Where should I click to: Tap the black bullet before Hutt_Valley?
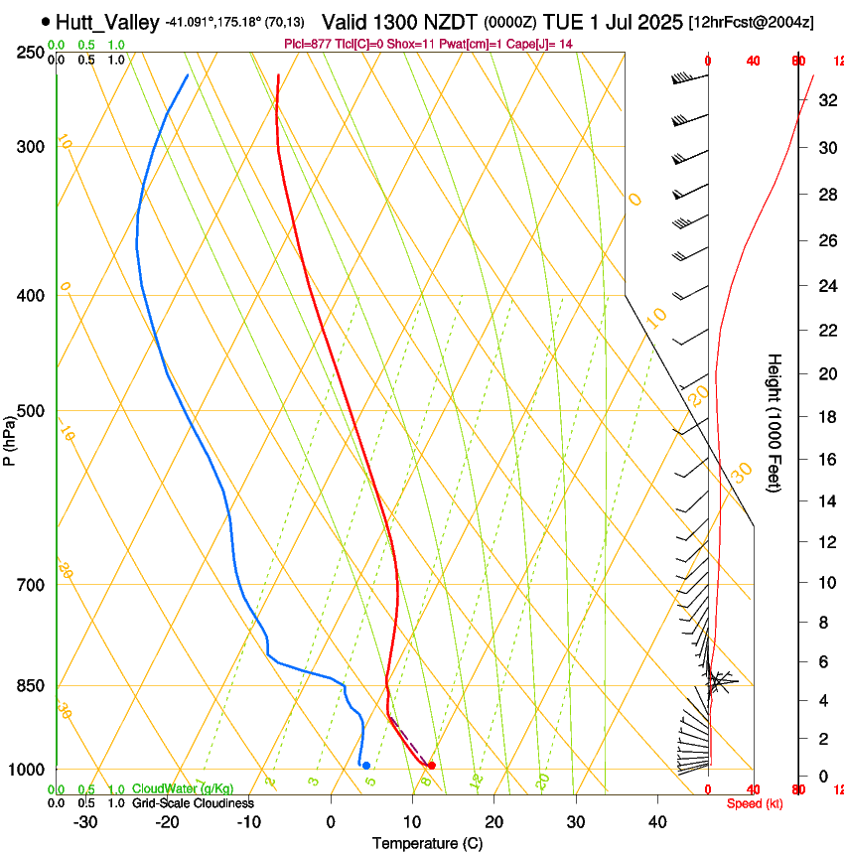pos(47,22)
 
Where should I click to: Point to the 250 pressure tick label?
pos(30,53)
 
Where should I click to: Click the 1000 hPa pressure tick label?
pos(26,771)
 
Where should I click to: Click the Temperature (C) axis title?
pos(427,843)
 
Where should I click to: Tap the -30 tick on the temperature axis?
pos(85,822)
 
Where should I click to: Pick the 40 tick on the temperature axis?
pos(657,822)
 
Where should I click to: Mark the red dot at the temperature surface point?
pos(431,765)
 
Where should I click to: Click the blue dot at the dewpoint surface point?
pos(366,765)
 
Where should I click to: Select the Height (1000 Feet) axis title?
pos(775,422)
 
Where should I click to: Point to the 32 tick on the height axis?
pos(825,100)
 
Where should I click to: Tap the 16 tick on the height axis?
pos(825,459)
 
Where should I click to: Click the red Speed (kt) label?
pos(755,803)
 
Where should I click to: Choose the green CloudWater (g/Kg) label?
pos(183,789)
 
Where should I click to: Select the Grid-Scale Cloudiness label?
pos(193,803)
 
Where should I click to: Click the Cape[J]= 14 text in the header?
pos(544,44)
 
